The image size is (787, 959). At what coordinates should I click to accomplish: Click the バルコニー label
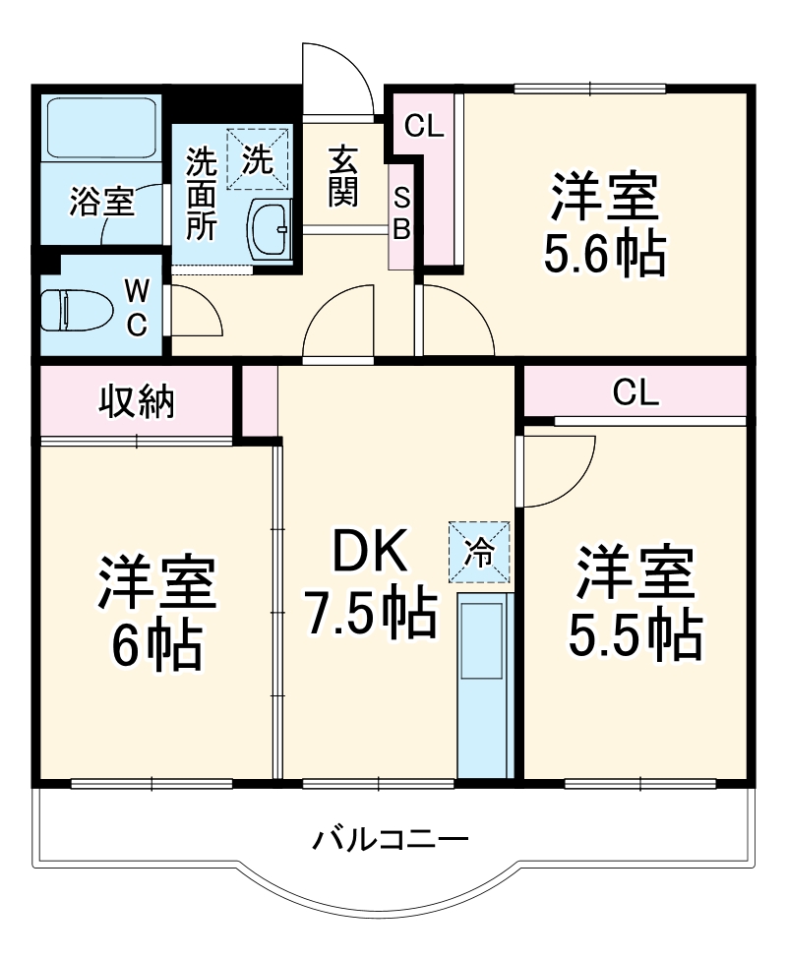click(x=391, y=841)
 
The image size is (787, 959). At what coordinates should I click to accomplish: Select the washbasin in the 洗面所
click(x=269, y=229)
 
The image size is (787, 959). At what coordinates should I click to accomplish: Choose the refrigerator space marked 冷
click(x=480, y=552)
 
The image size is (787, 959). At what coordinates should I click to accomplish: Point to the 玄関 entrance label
click(x=341, y=177)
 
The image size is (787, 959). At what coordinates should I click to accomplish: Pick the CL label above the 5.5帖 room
click(x=636, y=393)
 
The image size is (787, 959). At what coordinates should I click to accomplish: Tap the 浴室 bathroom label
click(x=101, y=204)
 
